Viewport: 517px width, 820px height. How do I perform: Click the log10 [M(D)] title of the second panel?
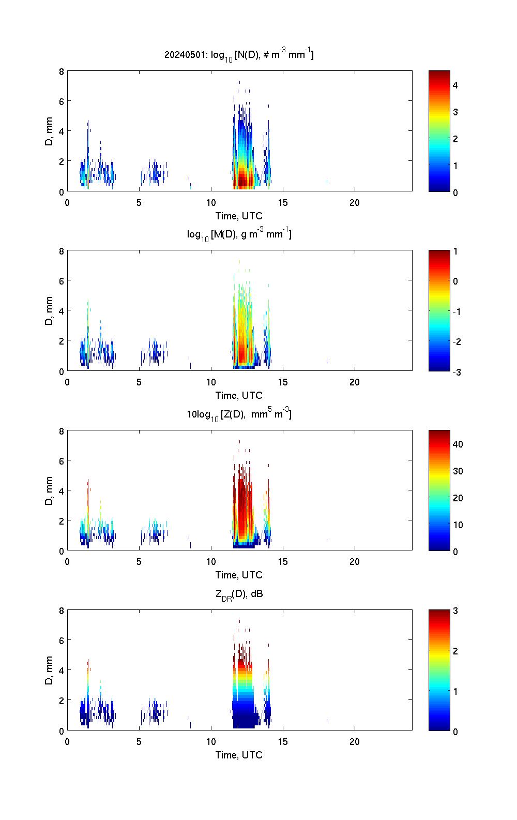pyautogui.click(x=239, y=234)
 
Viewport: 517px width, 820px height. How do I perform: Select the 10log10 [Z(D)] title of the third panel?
pyautogui.click(x=239, y=414)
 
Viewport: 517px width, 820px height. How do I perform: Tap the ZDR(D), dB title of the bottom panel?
pyautogui.click(x=239, y=594)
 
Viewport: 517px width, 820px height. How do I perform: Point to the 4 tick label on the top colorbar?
pyautogui.click(x=455, y=85)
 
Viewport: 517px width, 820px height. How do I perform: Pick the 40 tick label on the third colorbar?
pyautogui.click(x=458, y=444)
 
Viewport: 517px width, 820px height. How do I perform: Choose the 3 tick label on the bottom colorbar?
pyautogui.click(x=455, y=611)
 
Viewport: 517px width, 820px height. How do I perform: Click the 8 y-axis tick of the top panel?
pyautogui.click(x=62, y=71)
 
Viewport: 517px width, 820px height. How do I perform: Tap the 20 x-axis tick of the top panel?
pyautogui.click(x=355, y=202)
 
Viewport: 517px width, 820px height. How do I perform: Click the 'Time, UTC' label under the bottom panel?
pyautogui.click(x=239, y=755)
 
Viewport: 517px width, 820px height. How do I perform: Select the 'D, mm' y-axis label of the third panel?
pyautogui.click(x=50, y=490)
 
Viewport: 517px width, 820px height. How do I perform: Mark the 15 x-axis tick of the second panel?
pyautogui.click(x=283, y=382)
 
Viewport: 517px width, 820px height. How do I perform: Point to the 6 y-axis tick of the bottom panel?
pyautogui.click(x=62, y=640)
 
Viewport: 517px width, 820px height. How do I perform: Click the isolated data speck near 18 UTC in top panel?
pyautogui.click(x=327, y=182)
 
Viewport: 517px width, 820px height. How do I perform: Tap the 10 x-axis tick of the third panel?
pyautogui.click(x=211, y=561)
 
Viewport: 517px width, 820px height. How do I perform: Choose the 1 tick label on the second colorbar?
pyautogui.click(x=455, y=251)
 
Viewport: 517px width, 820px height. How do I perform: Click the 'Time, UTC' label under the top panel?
pyautogui.click(x=239, y=216)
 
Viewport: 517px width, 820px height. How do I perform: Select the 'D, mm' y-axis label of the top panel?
pyautogui.click(x=50, y=131)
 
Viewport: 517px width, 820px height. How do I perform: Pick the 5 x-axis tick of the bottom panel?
pyautogui.click(x=139, y=741)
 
